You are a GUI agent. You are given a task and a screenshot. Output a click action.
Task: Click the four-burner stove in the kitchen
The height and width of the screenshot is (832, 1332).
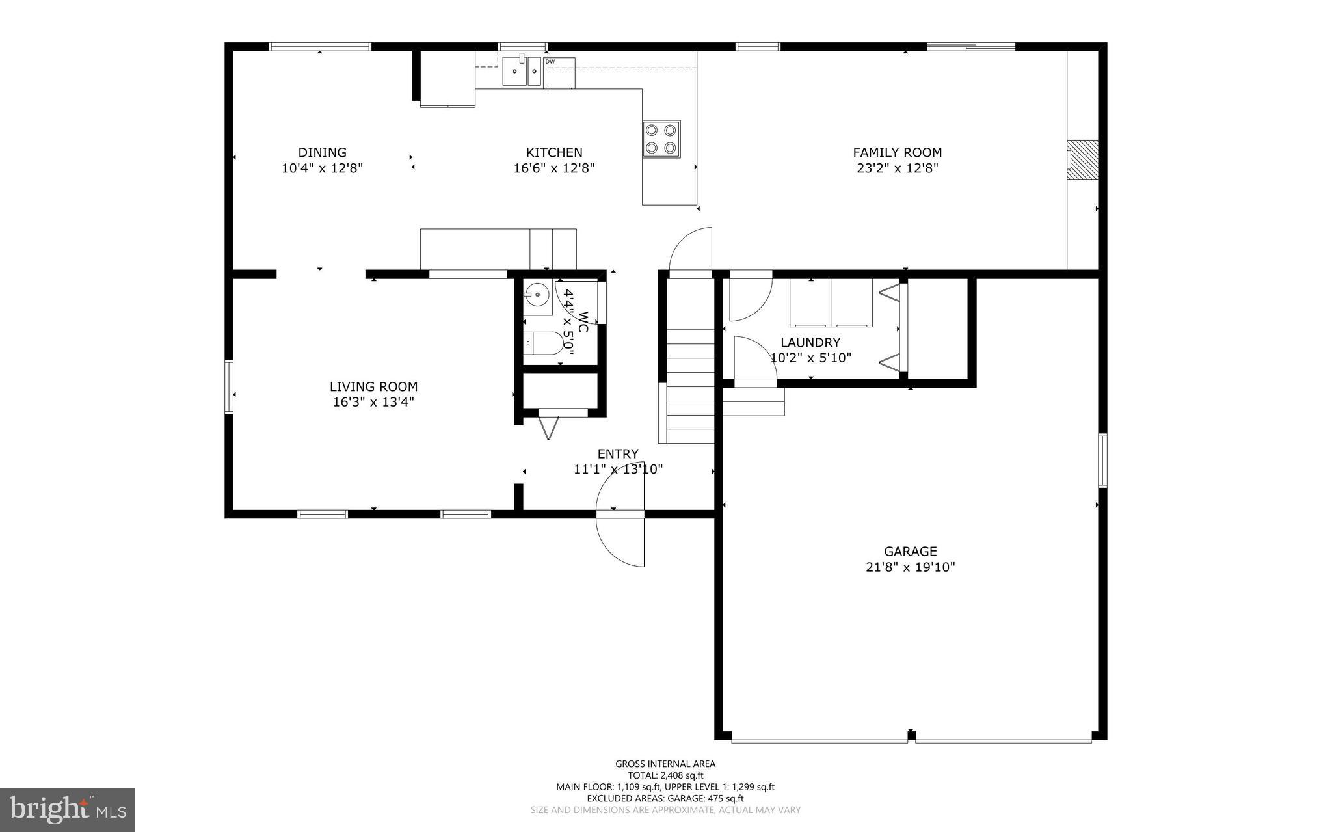661,139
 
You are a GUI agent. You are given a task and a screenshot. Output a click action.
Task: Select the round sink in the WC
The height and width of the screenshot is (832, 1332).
537,297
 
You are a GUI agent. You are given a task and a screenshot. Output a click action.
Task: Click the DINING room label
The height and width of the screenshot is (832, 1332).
322,153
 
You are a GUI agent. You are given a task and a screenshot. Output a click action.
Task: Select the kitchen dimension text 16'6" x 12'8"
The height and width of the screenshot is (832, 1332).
553,168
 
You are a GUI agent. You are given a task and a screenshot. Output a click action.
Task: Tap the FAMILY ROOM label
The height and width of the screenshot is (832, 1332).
897,153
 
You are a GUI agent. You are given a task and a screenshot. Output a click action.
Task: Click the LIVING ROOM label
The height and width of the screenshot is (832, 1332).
373,387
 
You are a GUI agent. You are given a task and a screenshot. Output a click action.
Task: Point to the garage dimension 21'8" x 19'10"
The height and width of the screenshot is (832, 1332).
910,567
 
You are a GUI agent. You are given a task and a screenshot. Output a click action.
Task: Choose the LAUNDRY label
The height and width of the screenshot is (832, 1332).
810,343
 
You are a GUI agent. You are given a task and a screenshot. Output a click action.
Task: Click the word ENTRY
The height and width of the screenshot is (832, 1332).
618,454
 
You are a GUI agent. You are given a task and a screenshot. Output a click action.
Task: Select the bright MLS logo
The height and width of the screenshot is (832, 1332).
68,809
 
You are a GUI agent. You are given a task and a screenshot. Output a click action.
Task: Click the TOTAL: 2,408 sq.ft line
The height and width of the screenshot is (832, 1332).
665,775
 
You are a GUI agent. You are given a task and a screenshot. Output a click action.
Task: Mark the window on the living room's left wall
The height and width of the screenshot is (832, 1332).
229,386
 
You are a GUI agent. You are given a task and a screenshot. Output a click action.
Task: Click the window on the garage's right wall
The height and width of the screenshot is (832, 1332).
1102,461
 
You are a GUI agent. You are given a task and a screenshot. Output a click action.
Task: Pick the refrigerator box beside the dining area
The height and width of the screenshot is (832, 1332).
447,78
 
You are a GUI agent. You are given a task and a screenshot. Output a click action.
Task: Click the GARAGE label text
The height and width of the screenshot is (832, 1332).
910,552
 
